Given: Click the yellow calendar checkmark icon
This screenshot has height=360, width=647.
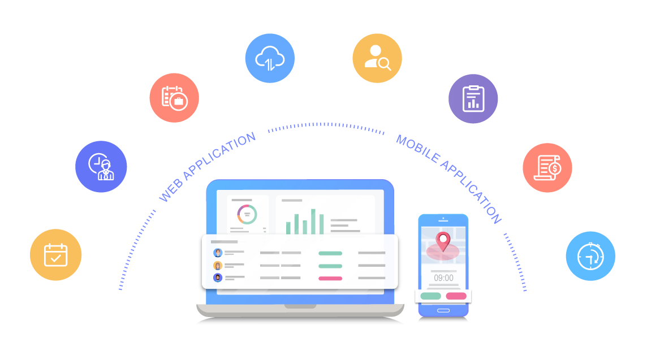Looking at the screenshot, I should [55, 255].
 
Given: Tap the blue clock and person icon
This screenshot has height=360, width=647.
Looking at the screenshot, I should [101, 167].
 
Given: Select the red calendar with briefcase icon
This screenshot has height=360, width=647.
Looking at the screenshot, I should [174, 98].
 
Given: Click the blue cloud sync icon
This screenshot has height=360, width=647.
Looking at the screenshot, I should [270, 58].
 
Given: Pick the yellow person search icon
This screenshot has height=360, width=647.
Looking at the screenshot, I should [377, 58].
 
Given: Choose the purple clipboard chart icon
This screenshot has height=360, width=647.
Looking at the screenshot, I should [473, 99].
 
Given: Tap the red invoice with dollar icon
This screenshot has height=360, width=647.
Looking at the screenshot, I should [547, 167].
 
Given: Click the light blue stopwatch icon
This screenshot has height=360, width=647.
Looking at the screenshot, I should [590, 255].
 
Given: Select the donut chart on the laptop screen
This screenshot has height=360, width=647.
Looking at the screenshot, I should [247, 215].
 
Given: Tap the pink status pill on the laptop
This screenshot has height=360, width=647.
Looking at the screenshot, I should [330, 278].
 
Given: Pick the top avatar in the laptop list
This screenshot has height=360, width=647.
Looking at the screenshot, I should [218, 253].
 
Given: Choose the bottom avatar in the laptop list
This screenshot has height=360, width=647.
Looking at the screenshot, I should [218, 277].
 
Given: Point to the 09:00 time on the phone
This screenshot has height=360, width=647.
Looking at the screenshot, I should [443, 278].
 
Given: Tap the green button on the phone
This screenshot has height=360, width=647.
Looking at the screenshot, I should [431, 296].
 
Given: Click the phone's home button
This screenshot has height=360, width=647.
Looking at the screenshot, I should [443, 310].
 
